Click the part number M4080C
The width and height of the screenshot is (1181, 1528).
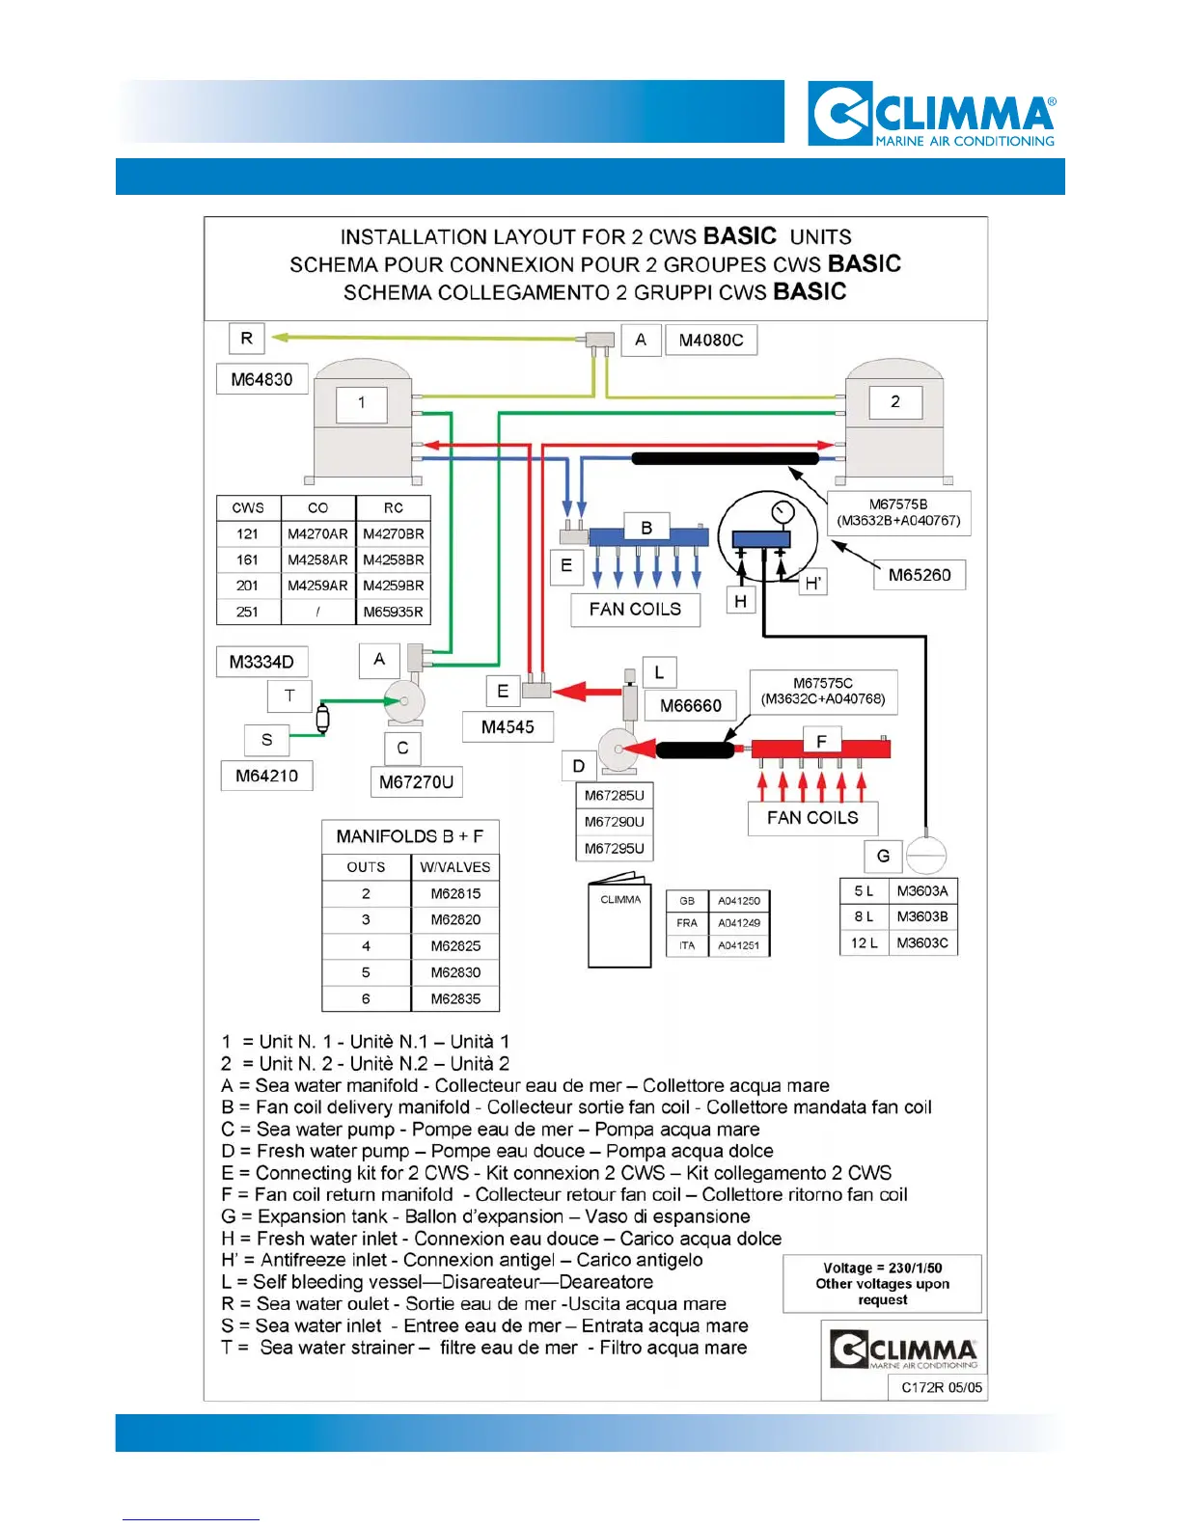click(x=711, y=340)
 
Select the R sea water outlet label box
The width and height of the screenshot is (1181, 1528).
click(x=247, y=339)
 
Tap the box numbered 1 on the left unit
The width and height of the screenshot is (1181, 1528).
click(x=361, y=403)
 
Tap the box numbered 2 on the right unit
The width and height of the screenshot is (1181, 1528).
click(x=895, y=401)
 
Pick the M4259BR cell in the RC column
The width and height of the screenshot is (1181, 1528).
click(x=394, y=586)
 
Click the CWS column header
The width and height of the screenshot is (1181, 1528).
click(x=248, y=507)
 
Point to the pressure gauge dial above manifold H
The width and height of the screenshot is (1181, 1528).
click(x=783, y=511)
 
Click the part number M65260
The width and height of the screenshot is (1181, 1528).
click(x=920, y=575)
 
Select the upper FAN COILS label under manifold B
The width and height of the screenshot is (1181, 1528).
click(x=635, y=610)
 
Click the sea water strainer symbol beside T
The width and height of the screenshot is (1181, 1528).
click(x=322, y=718)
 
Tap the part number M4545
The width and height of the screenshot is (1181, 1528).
click(x=508, y=727)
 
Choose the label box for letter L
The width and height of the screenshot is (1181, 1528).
click(x=659, y=672)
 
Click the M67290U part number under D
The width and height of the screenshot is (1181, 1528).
click(x=615, y=822)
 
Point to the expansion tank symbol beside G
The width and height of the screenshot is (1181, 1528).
click(x=926, y=854)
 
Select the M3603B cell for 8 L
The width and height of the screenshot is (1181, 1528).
click(x=922, y=916)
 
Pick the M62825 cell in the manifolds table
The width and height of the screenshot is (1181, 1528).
click(x=455, y=946)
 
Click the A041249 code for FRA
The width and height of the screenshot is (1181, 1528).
click(x=738, y=923)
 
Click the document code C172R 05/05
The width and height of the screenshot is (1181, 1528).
click(x=942, y=1387)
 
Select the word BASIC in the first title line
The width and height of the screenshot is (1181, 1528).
click(x=740, y=236)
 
